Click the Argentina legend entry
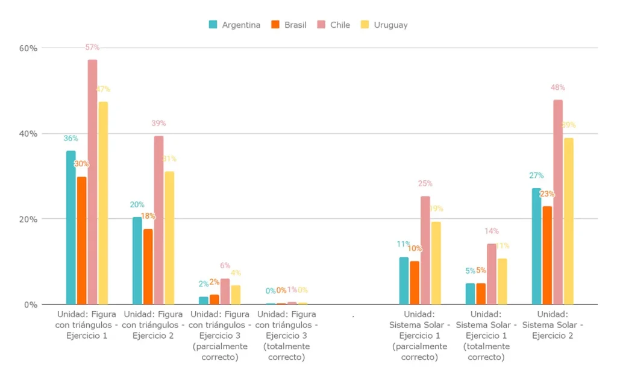click(235, 25)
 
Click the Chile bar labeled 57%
click(92, 181)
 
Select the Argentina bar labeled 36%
click(71, 227)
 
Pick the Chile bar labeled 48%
click(558, 202)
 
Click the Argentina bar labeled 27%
click(536, 246)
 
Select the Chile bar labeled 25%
click(425, 250)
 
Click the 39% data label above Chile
click(158, 124)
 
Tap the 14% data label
click(492, 231)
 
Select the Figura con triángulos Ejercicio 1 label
click(87, 325)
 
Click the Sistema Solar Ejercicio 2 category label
click(553, 325)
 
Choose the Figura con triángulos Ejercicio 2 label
click(153, 325)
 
